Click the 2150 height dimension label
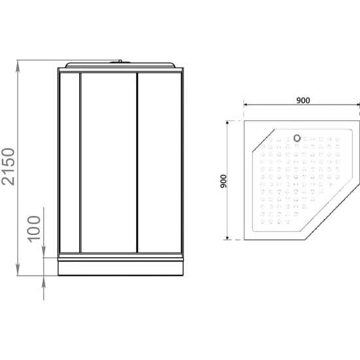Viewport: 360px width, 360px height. pyautogui.click(x=9, y=166)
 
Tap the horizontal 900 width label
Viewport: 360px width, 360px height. pyautogui.click(x=303, y=100)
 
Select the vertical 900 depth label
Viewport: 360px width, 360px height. pyautogui.click(x=223, y=181)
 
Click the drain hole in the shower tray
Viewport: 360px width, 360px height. pyautogui.click(x=297, y=138)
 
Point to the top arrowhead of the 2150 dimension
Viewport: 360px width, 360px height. pyautogui.click(x=18, y=66)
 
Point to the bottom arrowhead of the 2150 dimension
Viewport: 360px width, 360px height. pyautogui.click(x=18, y=270)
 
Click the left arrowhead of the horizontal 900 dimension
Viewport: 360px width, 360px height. pyautogui.click(x=247, y=105)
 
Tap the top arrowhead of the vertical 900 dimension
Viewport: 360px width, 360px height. pyautogui.click(x=227, y=124)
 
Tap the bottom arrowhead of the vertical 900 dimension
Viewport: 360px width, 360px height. pyautogui.click(x=227, y=237)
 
